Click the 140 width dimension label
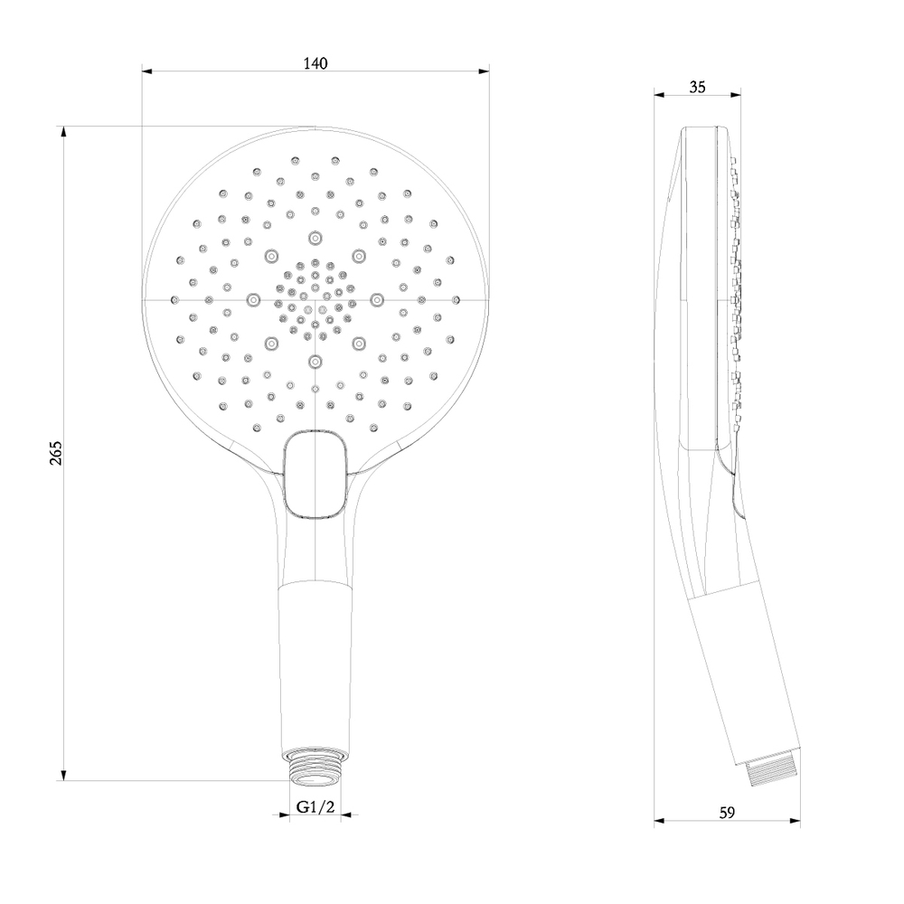click(x=315, y=63)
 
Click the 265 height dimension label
click(x=55, y=453)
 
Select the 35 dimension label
click(x=697, y=87)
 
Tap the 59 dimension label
click(x=727, y=813)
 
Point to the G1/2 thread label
click(x=315, y=806)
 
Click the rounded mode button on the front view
click(x=315, y=474)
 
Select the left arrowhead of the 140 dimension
click(x=147, y=71)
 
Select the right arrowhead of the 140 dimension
click(x=485, y=71)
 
